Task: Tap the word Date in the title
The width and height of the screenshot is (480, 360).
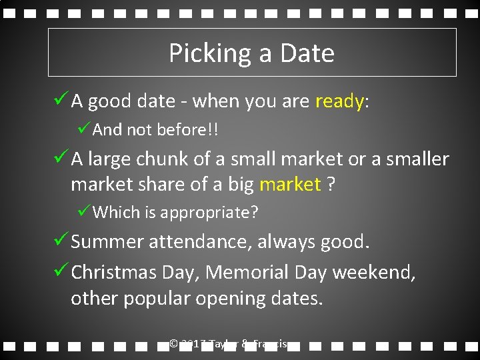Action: click(309, 53)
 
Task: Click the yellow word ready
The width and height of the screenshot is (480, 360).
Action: click(339, 102)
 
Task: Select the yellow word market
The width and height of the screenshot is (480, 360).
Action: click(290, 185)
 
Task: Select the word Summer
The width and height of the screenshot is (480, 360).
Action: click(107, 241)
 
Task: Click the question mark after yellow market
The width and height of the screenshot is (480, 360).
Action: click(331, 185)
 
